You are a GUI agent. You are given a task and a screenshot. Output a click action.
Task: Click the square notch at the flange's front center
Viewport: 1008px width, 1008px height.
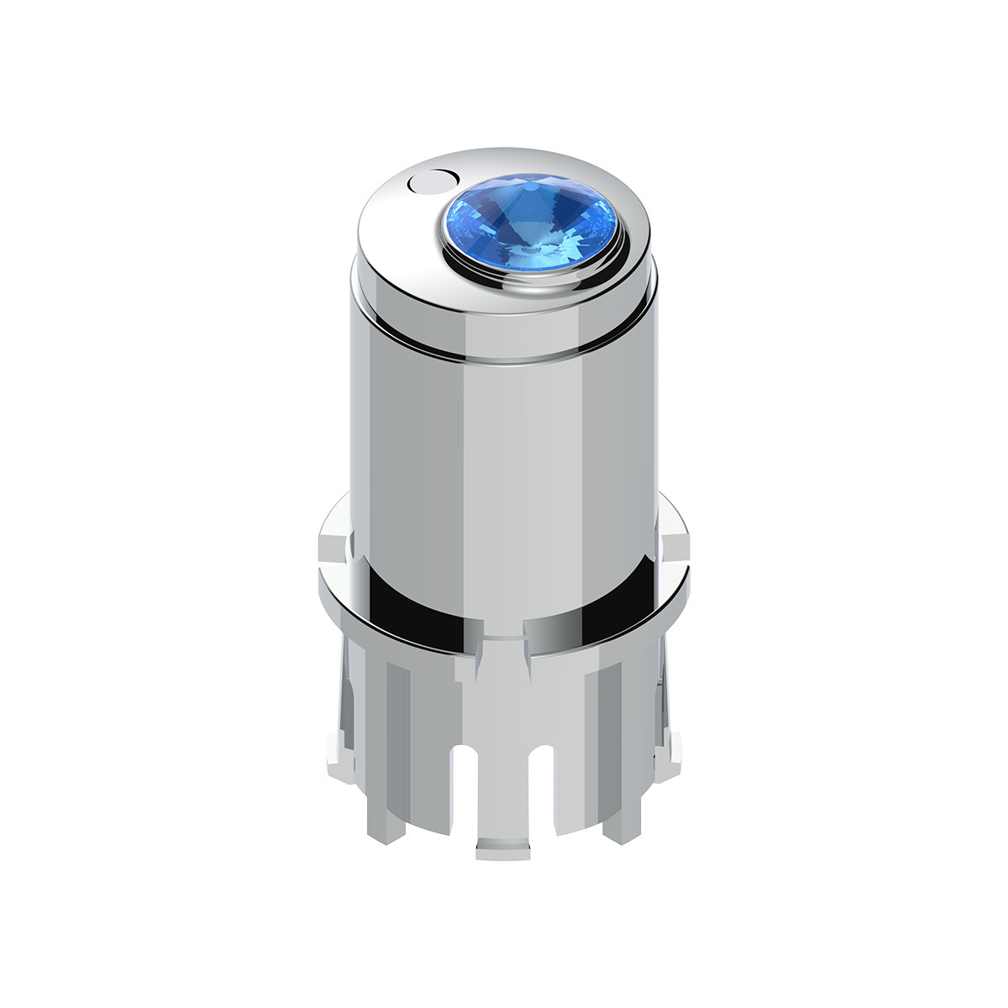[504, 638]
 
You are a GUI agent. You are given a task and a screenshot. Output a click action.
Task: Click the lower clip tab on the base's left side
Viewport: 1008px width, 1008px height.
[335, 748]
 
